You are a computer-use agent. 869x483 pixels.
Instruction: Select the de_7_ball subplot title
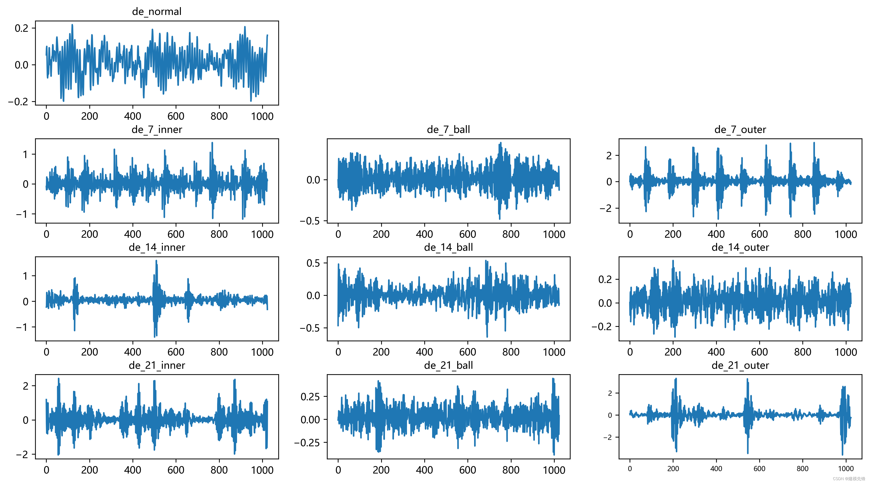coord(448,130)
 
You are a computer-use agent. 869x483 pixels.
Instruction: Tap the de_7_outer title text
coord(740,130)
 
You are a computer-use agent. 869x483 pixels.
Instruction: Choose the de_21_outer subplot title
coord(740,365)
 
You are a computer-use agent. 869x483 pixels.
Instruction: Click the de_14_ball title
coord(448,247)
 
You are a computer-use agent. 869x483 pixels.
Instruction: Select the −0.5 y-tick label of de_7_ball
coord(310,221)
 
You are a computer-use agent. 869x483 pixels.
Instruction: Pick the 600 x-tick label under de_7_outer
coord(759,234)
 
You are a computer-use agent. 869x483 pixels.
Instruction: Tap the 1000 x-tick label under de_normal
coord(262,116)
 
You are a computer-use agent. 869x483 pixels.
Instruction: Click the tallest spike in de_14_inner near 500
coord(156,261)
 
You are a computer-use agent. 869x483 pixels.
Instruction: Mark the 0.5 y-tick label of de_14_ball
coord(313,263)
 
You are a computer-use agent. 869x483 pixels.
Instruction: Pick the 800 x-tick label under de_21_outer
coord(803,469)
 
